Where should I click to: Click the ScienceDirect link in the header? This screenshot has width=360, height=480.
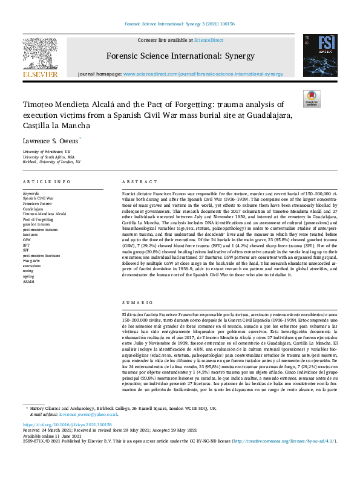208,40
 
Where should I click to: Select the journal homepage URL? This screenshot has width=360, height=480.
203,73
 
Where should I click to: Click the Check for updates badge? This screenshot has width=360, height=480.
311,99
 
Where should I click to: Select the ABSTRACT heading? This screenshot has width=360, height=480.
134,182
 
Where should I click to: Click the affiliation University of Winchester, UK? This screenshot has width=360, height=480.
47,151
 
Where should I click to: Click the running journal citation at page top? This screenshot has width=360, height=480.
180,25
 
